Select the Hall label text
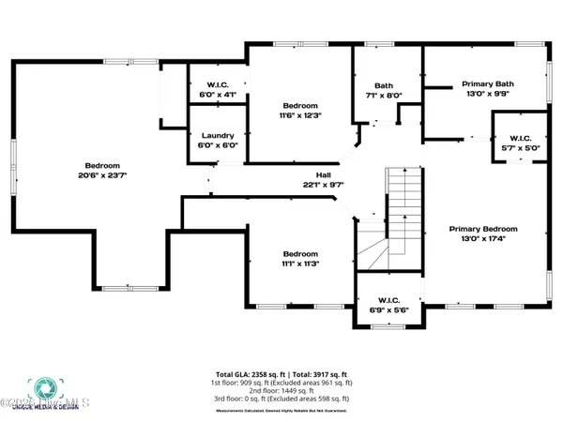(x=324, y=174)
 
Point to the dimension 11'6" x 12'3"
(x=301, y=115)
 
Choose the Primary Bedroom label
(x=482, y=229)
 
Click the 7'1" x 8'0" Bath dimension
(x=382, y=95)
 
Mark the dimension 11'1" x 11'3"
(x=301, y=264)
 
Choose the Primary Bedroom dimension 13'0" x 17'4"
(x=482, y=239)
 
